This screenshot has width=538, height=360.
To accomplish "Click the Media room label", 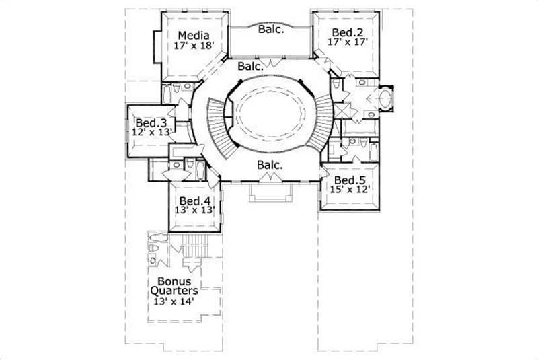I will point(193,36).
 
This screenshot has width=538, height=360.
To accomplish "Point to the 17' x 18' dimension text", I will point(193,46).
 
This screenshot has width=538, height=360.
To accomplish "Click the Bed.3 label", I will point(151,123).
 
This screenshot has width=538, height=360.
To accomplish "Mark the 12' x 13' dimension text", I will point(153,133).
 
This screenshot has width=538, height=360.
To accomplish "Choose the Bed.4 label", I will point(194,201).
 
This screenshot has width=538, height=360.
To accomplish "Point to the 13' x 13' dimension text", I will point(194,211).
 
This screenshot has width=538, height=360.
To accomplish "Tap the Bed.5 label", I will point(350,180).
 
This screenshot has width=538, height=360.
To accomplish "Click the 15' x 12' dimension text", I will point(350,190).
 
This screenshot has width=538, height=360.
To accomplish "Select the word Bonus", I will point(174,281).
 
